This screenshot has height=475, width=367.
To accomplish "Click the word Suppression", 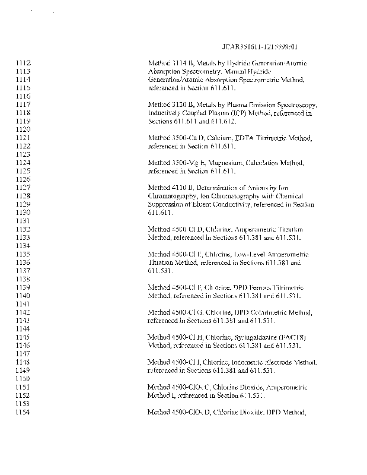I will pos(164,204).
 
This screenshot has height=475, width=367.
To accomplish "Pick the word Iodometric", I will pos(251,362).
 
